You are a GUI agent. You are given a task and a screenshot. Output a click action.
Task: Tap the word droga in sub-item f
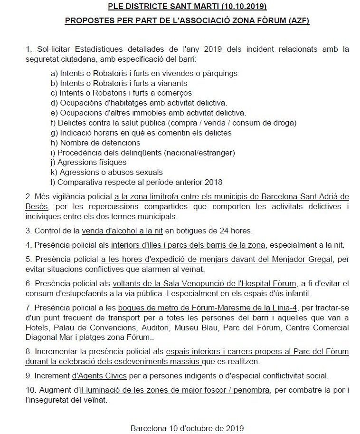(x=285, y=123)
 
